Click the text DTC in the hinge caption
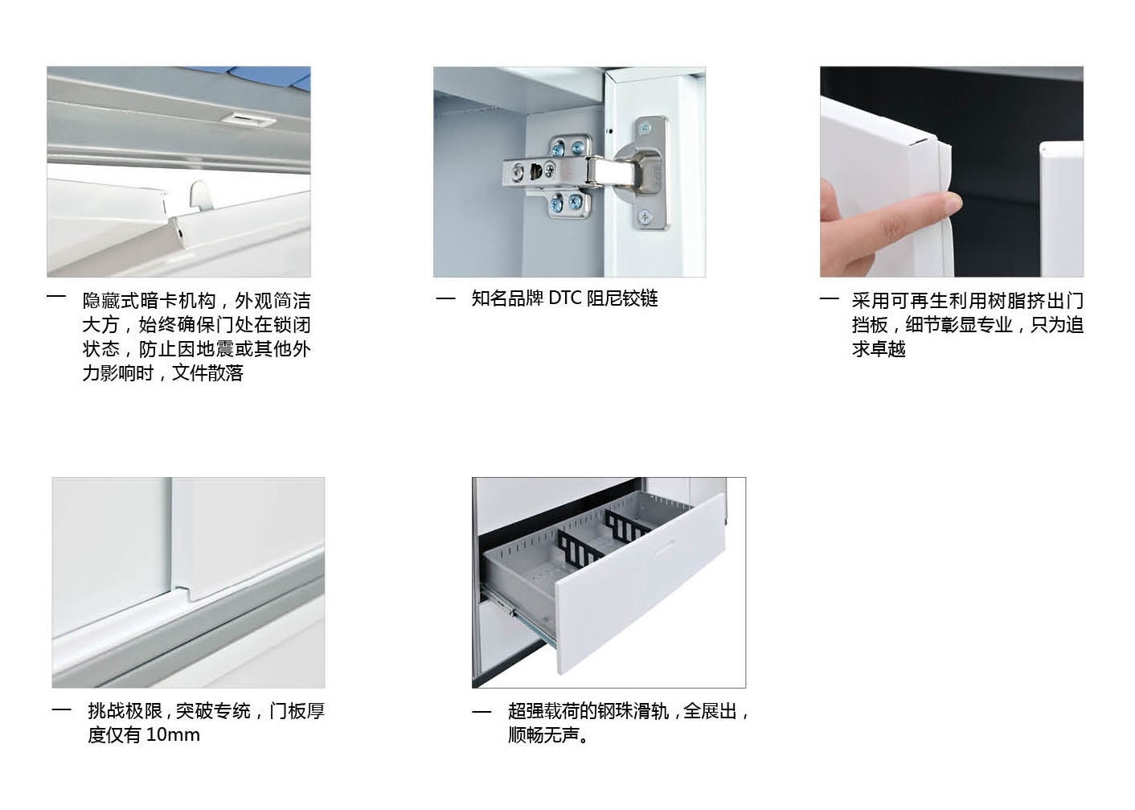(564, 298)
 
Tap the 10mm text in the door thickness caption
(172, 734)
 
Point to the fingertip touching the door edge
(952, 204)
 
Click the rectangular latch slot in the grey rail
(249, 119)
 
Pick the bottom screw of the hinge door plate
(645, 217)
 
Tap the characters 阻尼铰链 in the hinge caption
(622, 298)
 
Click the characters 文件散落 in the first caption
(207, 372)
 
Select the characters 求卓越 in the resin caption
(879, 349)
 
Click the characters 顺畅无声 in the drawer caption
(543, 734)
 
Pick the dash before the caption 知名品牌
(445, 298)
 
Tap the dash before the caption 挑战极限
(61, 710)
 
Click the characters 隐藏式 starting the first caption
(109, 301)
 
